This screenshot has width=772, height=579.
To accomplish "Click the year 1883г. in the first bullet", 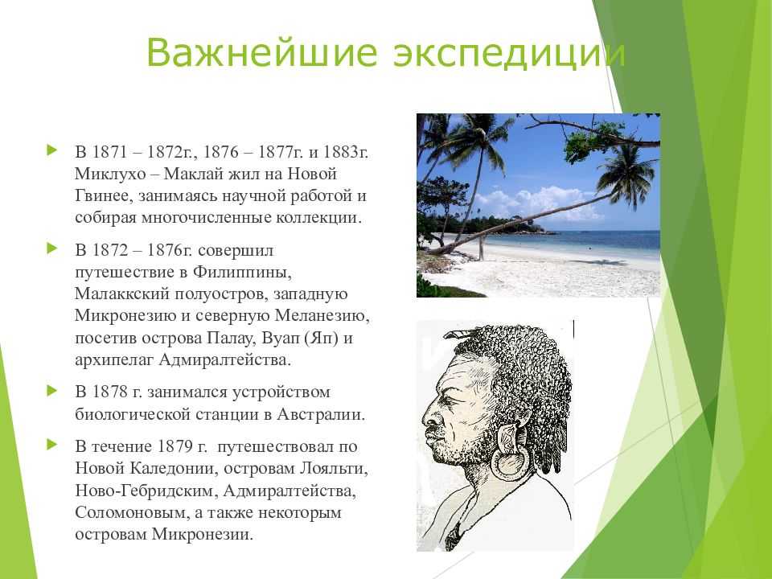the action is tap(346, 152).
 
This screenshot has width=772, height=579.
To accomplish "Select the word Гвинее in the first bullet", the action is tap(104, 195).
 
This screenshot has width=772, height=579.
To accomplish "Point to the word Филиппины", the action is tap(245, 272).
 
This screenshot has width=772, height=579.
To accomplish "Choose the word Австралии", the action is tap(321, 414).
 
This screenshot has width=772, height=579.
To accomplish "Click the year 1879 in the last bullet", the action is tap(175, 446).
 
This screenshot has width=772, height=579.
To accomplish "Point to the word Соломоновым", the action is tap(132, 512).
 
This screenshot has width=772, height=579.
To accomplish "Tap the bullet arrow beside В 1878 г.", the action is tap(51, 392).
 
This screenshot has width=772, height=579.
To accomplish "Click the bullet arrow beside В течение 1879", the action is tap(51, 445).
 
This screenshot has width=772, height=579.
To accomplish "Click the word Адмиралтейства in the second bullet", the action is tap(224, 360).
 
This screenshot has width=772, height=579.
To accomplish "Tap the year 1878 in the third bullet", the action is tap(110, 392).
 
